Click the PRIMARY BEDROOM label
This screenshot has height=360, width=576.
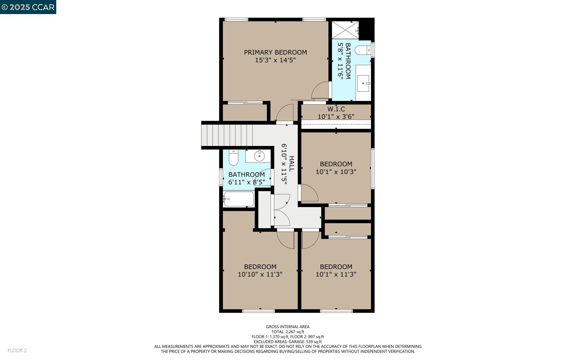(275, 52)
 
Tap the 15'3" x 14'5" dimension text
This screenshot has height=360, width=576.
(275, 60)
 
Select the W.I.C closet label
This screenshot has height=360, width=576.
(336, 109)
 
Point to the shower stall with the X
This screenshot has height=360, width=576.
(345, 30)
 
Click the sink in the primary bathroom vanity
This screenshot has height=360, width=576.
(363, 83)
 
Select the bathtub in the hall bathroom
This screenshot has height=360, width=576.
(239, 199)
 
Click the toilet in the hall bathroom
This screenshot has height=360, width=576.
(233, 158)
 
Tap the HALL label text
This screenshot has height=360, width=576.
(292, 164)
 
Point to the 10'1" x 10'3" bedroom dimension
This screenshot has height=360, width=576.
(336, 172)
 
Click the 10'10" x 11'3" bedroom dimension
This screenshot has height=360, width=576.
(260, 274)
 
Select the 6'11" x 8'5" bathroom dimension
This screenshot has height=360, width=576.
(246, 182)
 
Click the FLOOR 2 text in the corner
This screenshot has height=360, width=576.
(17, 350)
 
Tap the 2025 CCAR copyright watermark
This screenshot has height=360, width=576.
(28, 7)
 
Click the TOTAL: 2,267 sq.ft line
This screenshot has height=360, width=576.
(288, 332)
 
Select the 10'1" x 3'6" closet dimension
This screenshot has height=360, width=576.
(336, 117)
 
